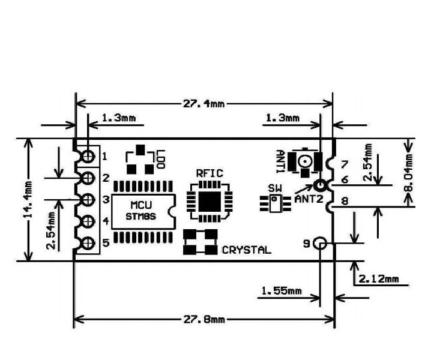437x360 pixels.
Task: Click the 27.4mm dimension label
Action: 203,103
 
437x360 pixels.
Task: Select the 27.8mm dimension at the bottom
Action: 203,319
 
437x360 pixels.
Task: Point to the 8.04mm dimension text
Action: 410,171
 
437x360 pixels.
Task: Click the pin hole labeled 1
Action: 88,157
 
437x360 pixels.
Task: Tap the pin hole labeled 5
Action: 88,244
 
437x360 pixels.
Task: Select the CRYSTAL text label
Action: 246,250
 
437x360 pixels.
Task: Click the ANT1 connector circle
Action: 306,161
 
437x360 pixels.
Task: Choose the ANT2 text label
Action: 309,198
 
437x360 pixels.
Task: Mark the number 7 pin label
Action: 344,164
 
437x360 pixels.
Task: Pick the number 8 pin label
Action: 344,202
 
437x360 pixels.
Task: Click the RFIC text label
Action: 209,173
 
